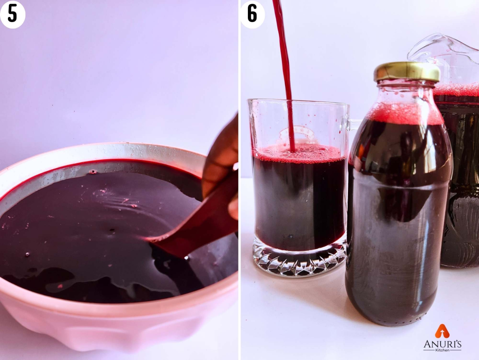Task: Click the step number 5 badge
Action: (x=13, y=14)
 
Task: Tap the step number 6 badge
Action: (x=252, y=14)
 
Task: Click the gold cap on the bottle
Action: (x=406, y=72)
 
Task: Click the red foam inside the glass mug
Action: (x=299, y=154)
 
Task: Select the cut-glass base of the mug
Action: (x=299, y=260)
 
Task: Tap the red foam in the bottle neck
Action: (x=405, y=114)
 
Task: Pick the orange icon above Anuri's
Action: (x=442, y=331)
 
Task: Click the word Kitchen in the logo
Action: (x=443, y=350)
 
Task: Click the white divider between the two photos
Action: (x=239, y=187)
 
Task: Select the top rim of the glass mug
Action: (x=299, y=100)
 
